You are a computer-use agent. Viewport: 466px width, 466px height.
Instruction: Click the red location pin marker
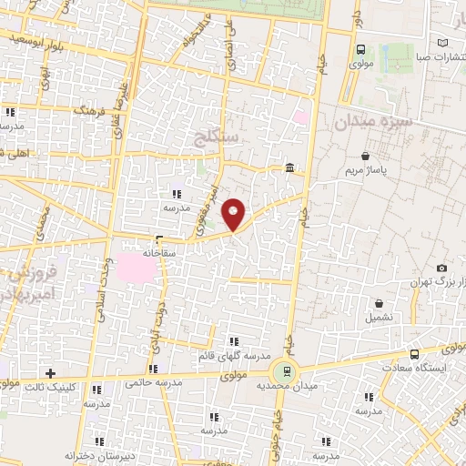coord(234,214)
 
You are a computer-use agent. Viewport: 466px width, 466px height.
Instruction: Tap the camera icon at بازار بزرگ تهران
coord(441,268)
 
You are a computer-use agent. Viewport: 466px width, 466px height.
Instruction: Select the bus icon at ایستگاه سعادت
coord(415,354)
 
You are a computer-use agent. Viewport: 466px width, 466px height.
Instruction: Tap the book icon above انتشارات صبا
coord(442,43)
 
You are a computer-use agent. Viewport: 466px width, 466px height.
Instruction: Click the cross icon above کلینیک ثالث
coord(50,372)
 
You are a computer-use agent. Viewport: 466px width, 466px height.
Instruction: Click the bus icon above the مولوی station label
coord(361,50)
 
